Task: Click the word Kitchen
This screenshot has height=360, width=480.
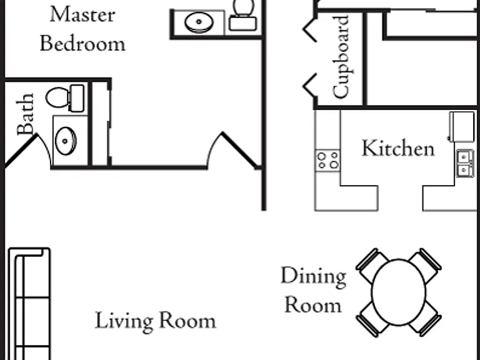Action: (x=398, y=149)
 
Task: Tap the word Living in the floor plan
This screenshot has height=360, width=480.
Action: (x=124, y=321)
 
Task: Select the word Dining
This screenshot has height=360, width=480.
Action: (x=314, y=277)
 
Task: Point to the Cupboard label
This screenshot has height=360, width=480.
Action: (x=341, y=57)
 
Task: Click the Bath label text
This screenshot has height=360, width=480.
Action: (x=25, y=114)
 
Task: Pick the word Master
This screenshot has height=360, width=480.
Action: (x=82, y=14)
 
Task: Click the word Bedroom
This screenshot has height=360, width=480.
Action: (x=82, y=43)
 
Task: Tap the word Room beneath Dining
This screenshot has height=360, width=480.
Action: (x=313, y=305)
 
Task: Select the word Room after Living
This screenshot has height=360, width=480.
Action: (x=187, y=321)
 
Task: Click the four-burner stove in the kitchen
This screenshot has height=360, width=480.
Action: (x=327, y=161)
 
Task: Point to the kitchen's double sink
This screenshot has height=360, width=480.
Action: (x=466, y=163)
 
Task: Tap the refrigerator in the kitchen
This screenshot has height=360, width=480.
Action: (x=462, y=126)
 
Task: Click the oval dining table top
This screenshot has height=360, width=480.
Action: (x=398, y=292)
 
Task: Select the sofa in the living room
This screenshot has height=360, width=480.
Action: (x=29, y=303)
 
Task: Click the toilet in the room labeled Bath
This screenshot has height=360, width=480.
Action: (x=65, y=98)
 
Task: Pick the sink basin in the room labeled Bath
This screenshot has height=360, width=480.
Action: (x=66, y=141)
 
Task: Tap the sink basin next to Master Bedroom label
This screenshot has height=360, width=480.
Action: (x=199, y=22)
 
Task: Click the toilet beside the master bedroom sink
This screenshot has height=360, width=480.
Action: (x=243, y=15)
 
